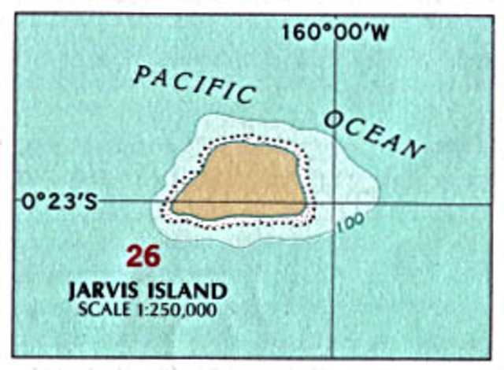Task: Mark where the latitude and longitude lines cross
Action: point(334,202)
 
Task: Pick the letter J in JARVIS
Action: point(72,290)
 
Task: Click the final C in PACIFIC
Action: point(246,95)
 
